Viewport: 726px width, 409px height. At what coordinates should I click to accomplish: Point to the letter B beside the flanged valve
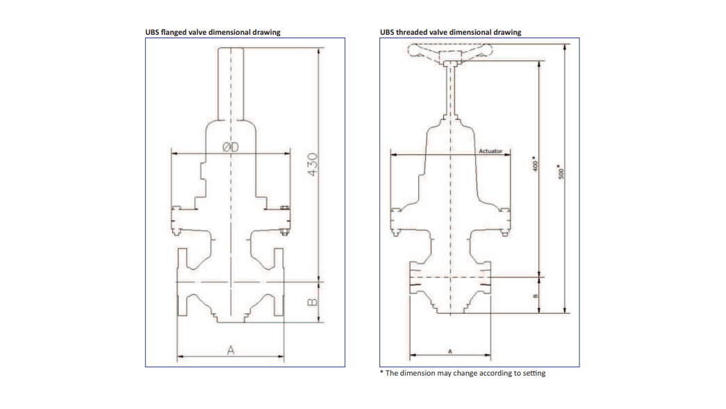(312, 302)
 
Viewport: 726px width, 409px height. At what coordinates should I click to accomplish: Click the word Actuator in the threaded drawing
(490, 150)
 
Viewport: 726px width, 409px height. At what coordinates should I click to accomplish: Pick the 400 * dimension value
(534, 164)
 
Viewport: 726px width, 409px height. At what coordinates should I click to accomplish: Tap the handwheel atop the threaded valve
(450, 51)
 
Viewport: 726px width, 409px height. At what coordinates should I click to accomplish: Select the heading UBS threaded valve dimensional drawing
(450, 32)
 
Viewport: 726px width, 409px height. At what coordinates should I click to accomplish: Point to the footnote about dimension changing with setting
(463, 374)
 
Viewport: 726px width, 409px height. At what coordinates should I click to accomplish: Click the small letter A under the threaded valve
(450, 351)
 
